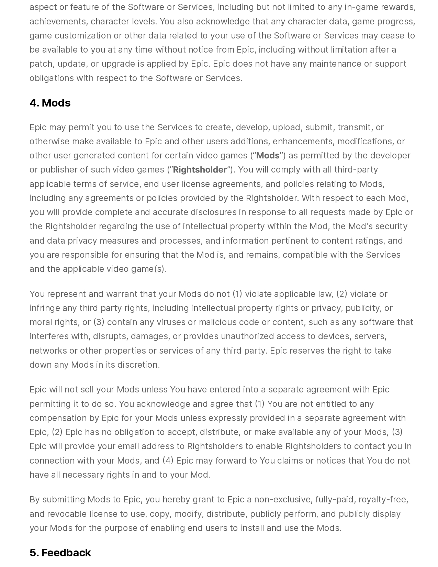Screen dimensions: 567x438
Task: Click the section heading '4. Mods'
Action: [x=50, y=103]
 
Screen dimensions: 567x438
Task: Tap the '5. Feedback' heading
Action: [x=60, y=553]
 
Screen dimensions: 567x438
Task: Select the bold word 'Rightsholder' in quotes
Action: [x=200, y=170]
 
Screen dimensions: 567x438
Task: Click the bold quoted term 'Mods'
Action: [x=268, y=156]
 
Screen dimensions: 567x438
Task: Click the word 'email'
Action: [x=128, y=446]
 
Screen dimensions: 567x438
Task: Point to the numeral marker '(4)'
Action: [x=168, y=460]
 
